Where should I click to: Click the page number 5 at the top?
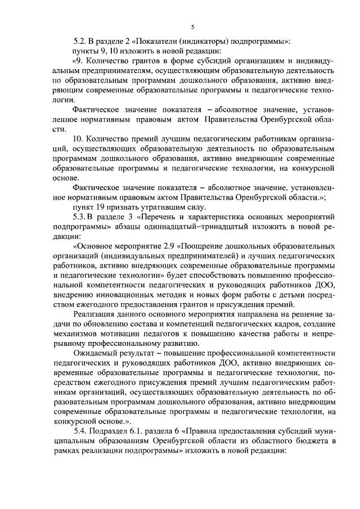[x=192, y=26]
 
